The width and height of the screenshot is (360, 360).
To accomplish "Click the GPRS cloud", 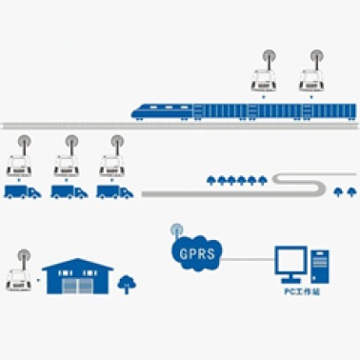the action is tap(196, 253).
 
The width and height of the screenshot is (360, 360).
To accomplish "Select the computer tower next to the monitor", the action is tap(320, 267).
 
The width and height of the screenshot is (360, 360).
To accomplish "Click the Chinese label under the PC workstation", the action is tap(302, 291).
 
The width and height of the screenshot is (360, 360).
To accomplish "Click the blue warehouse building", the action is tap(78, 276).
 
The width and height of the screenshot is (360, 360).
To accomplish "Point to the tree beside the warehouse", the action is tap(127, 284).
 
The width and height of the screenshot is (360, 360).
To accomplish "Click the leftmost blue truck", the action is tap(23, 192).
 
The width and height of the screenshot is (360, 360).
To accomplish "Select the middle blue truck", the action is tap(70, 192).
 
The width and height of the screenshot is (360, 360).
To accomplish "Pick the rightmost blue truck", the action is tap(115, 192).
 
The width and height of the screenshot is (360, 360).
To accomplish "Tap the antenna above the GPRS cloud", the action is tap(176, 231).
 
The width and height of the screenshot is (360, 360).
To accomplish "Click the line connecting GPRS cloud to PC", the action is tap(249, 260).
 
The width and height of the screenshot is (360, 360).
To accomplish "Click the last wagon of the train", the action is tap(330, 111).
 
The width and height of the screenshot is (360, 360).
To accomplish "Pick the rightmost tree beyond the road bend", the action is tap(350, 191).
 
